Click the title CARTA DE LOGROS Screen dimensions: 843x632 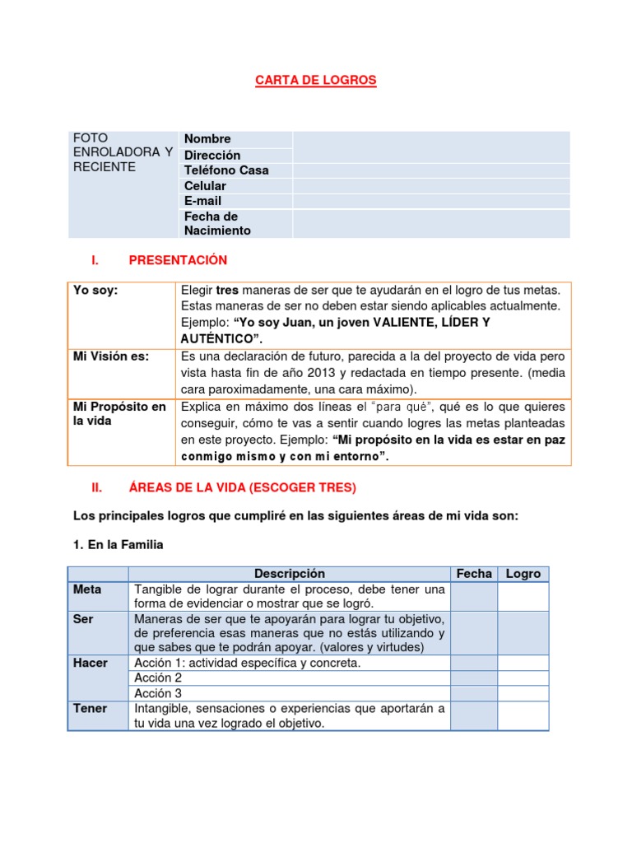[x=315, y=80]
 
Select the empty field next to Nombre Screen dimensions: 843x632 [x=431, y=139]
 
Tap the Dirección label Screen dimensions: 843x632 [x=212, y=155]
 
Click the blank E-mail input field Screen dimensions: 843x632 [x=431, y=201]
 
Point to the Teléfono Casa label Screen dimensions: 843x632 [x=226, y=170]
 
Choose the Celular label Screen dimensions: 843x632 [x=205, y=186]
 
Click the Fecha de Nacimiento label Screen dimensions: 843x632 [x=217, y=224]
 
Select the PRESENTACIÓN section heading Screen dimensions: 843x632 [x=178, y=260]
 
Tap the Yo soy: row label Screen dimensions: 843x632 [x=95, y=290]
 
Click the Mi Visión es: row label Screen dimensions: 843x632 [x=111, y=356]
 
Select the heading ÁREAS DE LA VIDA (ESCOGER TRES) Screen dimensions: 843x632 [x=243, y=487]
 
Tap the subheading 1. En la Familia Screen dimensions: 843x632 [x=118, y=544]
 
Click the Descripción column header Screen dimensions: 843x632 [x=290, y=574]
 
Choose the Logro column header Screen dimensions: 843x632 [x=523, y=574]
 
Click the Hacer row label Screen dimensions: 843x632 [x=91, y=663]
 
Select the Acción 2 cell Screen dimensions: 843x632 [x=158, y=678]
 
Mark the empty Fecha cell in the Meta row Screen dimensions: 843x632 [x=474, y=597]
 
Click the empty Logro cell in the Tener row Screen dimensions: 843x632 [x=523, y=715]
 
